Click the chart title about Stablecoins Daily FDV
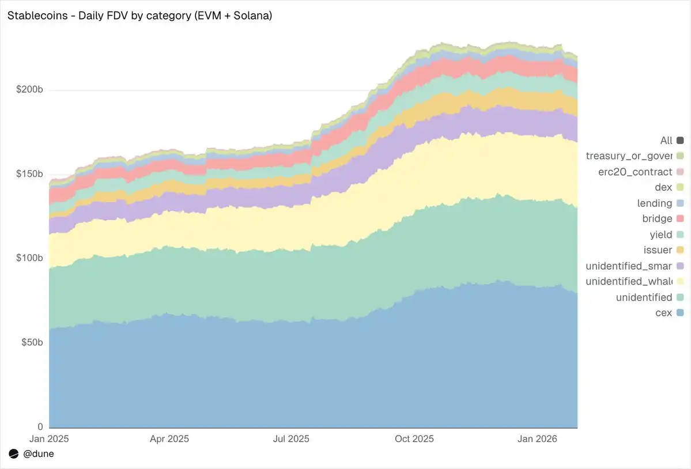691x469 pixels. [139, 16]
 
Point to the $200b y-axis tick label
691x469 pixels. [28, 90]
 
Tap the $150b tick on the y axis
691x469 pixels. [28, 174]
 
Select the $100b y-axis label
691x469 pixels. [28, 258]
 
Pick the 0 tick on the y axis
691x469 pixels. [40, 426]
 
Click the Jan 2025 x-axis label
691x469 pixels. [49, 439]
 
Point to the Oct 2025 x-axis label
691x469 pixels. [414, 439]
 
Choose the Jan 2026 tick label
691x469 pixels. [538, 439]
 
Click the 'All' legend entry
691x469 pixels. [666, 141]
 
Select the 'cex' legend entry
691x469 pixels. [664, 313]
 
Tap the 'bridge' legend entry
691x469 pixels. [657, 219]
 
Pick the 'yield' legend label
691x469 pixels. [660, 234]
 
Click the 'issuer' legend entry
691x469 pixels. [658, 250]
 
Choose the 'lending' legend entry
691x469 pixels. [655, 203]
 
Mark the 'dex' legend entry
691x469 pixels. [663, 187]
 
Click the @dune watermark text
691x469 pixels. [39, 454]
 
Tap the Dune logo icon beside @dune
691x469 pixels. [14, 454]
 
